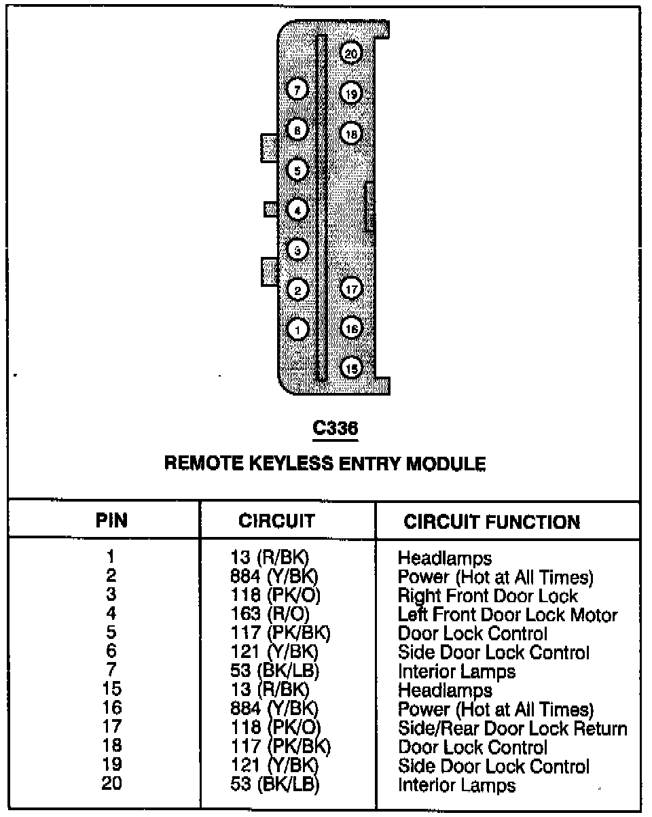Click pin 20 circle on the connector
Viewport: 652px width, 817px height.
point(350,54)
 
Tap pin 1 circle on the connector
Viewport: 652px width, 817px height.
point(297,330)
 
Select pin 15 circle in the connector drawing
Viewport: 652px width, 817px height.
point(351,368)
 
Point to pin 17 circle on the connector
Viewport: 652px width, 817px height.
point(351,290)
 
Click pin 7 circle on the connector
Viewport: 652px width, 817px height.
point(297,89)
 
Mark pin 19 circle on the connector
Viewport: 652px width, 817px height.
point(351,93)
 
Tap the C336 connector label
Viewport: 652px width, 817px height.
point(334,428)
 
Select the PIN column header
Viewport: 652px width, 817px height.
point(111,521)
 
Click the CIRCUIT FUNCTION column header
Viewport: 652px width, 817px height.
point(492,522)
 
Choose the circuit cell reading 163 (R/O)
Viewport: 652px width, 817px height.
point(270,615)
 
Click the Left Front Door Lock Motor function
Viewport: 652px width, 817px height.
point(507,615)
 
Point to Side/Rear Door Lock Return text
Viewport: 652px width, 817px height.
point(512,729)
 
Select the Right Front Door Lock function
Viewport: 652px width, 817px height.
point(488,596)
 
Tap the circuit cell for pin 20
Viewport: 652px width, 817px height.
point(274,786)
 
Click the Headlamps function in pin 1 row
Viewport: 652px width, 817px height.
point(444,559)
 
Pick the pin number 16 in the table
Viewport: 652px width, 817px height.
point(111,710)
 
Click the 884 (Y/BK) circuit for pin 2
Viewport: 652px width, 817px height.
point(274,577)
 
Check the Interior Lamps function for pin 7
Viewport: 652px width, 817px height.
point(456,672)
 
